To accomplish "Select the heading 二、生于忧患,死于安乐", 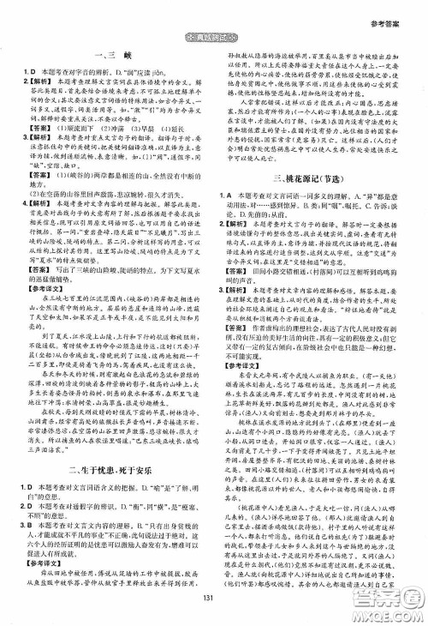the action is [x=107, y=455].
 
